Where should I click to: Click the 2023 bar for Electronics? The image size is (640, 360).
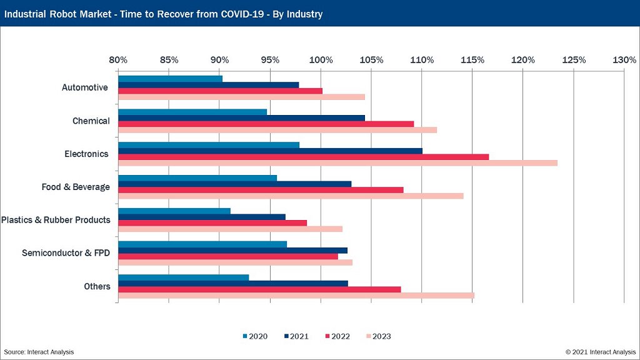click(x=337, y=163)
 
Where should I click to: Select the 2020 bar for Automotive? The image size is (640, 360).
click(x=170, y=79)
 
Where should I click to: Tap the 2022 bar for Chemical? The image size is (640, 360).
click(x=266, y=124)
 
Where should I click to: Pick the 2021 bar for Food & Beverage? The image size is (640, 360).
click(x=234, y=184)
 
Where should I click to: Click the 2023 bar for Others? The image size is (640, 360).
click(x=296, y=296)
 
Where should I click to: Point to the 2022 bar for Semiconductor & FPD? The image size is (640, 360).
click(x=227, y=256)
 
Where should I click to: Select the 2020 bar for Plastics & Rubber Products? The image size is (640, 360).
click(x=174, y=211)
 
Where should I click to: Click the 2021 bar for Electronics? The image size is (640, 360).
click(x=270, y=151)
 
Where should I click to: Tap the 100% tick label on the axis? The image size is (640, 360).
click(x=321, y=60)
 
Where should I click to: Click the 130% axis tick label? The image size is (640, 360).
click(x=624, y=60)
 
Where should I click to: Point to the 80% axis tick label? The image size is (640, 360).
click(x=118, y=60)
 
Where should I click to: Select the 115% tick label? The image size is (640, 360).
click(x=472, y=60)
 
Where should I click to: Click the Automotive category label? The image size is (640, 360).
click(x=85, y=87)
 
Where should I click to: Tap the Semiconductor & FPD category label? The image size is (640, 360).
click(x=66, y=253)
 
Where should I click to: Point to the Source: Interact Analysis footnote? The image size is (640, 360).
click(x=39, y=352)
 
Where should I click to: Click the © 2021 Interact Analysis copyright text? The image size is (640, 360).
click(x=601, y=352)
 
